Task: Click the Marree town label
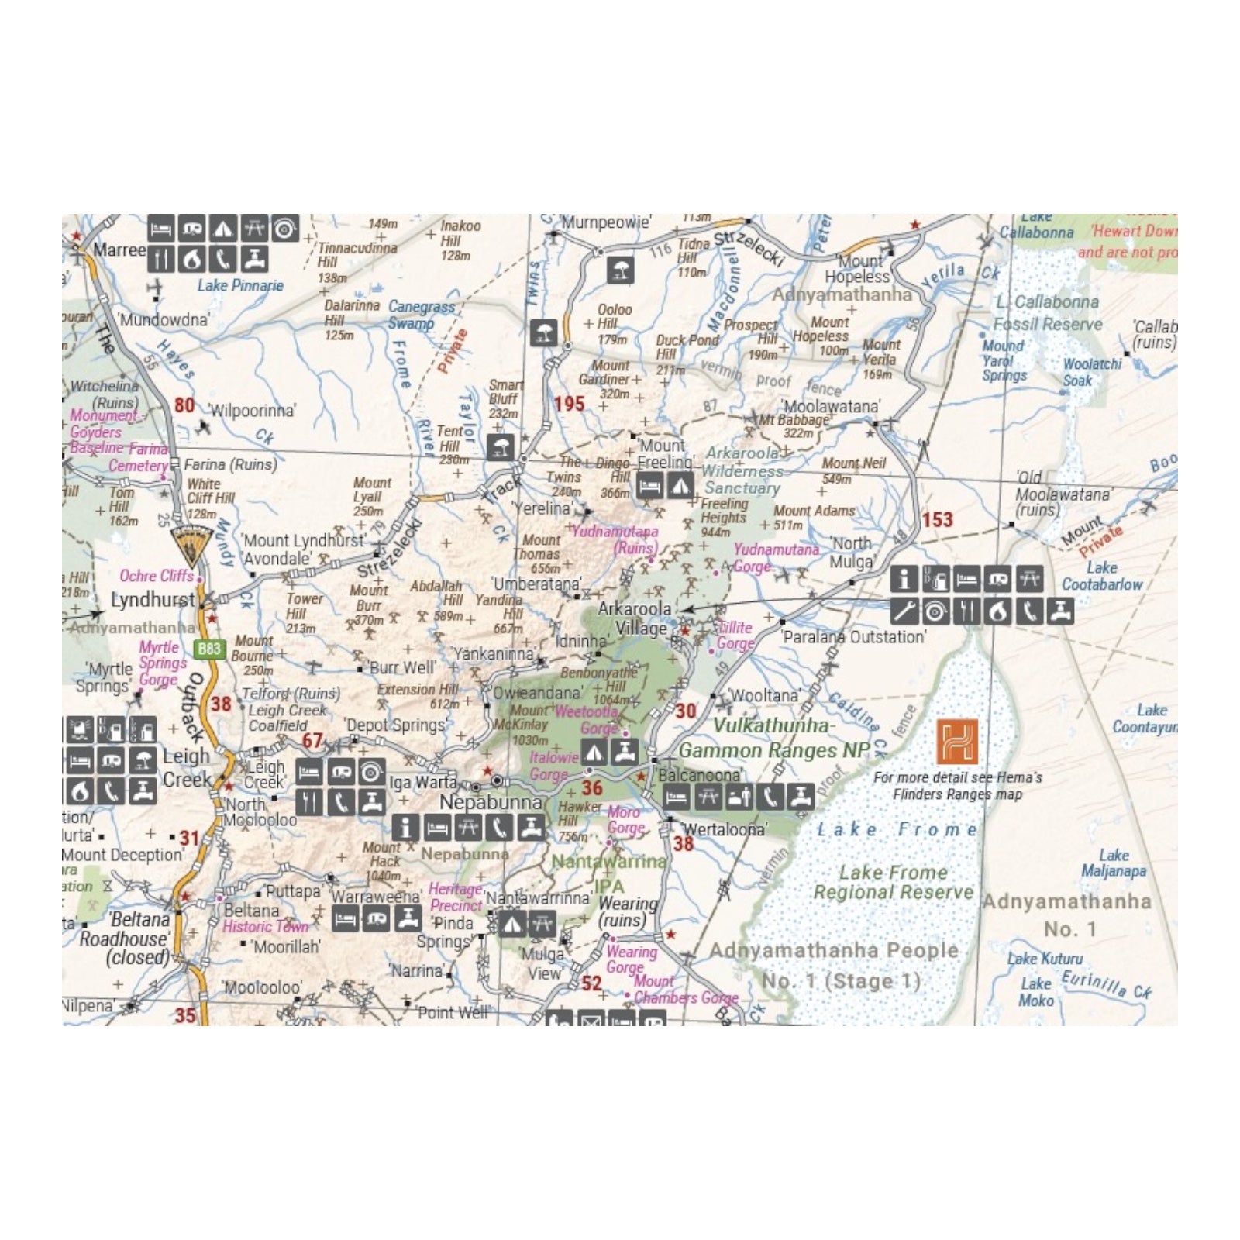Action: coord(119,250)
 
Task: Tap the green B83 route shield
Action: coord(209,649)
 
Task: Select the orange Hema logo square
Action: coord(957,742)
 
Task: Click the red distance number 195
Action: coord(569,404)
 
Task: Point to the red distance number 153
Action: coord(937,520)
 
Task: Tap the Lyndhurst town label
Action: coord(153,600)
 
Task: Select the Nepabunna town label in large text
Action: coord(491,802)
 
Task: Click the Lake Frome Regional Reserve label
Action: coord(894,883)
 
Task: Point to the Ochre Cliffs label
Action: coord(157,576)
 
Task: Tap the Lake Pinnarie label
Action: coord(240,286)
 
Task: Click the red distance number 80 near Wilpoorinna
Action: coord(184,405)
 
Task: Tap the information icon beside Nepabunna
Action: coord(405,828)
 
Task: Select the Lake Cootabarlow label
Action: coord(1102,576)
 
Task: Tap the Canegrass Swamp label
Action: coord(421,315)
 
